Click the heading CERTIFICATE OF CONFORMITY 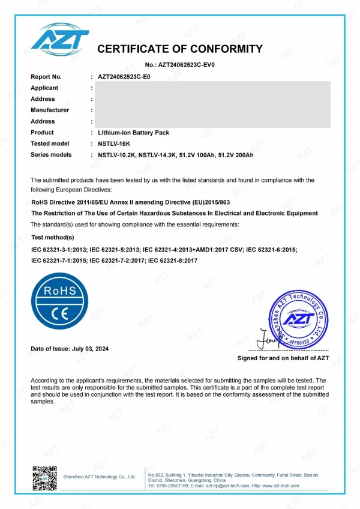(180, 49)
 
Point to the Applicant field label (44, 88)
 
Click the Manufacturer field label (50, 110)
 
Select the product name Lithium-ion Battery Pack (133, 132)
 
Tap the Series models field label (51, 155)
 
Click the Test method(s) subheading (53, 238)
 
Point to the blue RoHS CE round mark (58, 300)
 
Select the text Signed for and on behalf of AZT (283, 358)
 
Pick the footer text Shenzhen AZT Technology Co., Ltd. (99, 477)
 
